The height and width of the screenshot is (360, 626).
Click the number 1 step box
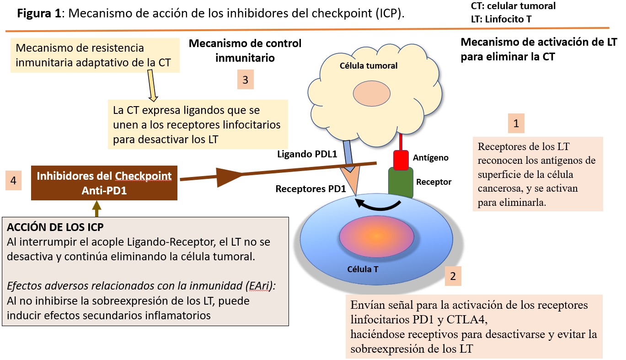pyautogui.click(x=516, y=123)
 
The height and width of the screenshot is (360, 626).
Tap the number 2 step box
pyautogui.click(x=453, y=276)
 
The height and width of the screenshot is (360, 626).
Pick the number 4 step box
pyautogui.click(x=13, y=181)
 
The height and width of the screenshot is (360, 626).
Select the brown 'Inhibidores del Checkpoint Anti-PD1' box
pyautogui.click(x=104, y=183)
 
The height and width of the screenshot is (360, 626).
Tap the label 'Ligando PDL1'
pyautogui.click(x=307, y=154)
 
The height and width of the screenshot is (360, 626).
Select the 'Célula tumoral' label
pyautogui.click(x=369, y=66)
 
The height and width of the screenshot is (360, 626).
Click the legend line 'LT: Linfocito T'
pyautogui.click(x=501, y=19)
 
